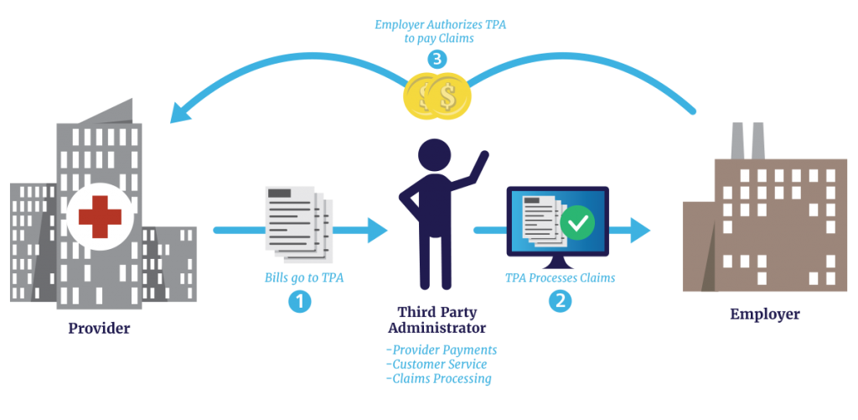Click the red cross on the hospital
(x=100, y=216)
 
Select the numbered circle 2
(x=560, y=301)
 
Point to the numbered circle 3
(x=437, y=59)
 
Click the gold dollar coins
(x=438, y=96)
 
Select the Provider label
(x=99, y=329)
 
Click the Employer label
(x=764, y=314)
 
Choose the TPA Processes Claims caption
(x=560, y=278)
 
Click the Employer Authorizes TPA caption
(x=441, y=31)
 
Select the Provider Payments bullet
(x=442, y=349)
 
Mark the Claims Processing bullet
(x=438, y=379)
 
